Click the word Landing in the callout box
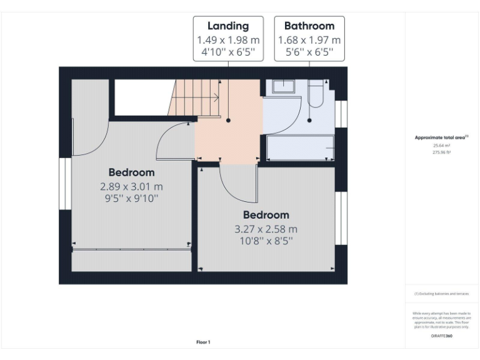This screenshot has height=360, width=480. [228, 26]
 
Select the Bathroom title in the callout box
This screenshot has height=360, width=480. [309, 26]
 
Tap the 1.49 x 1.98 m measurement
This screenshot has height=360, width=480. [228, 39]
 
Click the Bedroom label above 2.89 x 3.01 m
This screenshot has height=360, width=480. [131, 172]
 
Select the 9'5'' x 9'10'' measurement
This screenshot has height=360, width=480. [131, 199]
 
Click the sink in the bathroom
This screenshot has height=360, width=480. [282, 86]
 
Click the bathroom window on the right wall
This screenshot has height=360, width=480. [341, 113]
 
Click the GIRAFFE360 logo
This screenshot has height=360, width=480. [441, 336]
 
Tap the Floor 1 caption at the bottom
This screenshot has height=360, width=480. [203, 342]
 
